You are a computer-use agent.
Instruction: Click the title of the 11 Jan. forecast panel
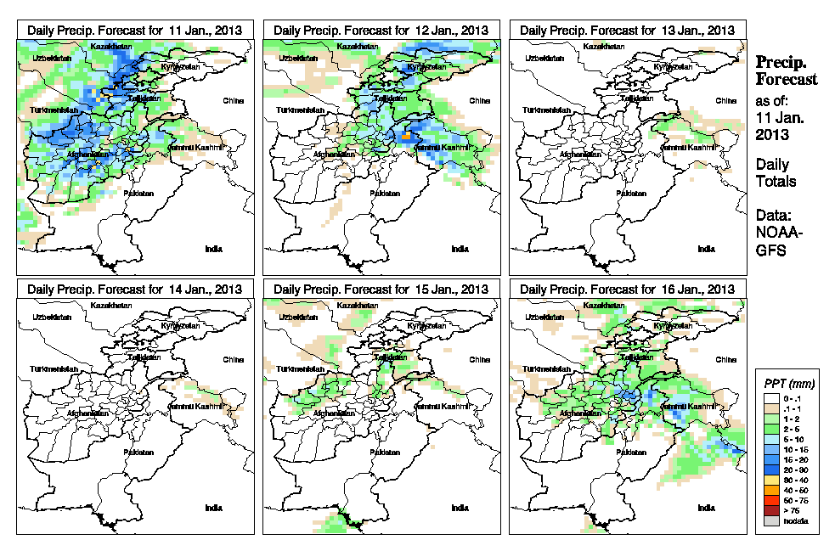(134, 30)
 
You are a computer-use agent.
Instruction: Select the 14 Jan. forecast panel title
(134, 289)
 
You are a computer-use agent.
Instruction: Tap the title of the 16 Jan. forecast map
(627, 289)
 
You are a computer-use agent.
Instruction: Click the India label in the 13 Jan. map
(706, 249)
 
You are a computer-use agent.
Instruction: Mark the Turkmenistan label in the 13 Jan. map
(546, 110)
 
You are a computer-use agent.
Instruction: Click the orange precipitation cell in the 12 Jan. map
(408, 135)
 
